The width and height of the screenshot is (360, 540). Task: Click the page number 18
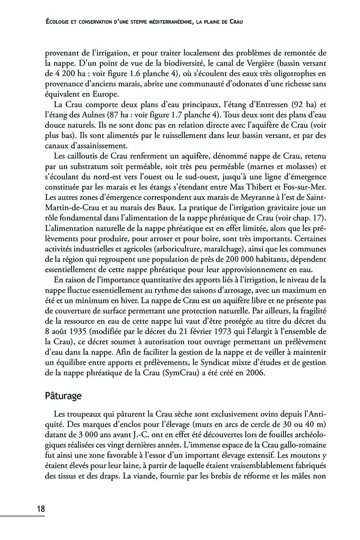pos(40,509)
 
